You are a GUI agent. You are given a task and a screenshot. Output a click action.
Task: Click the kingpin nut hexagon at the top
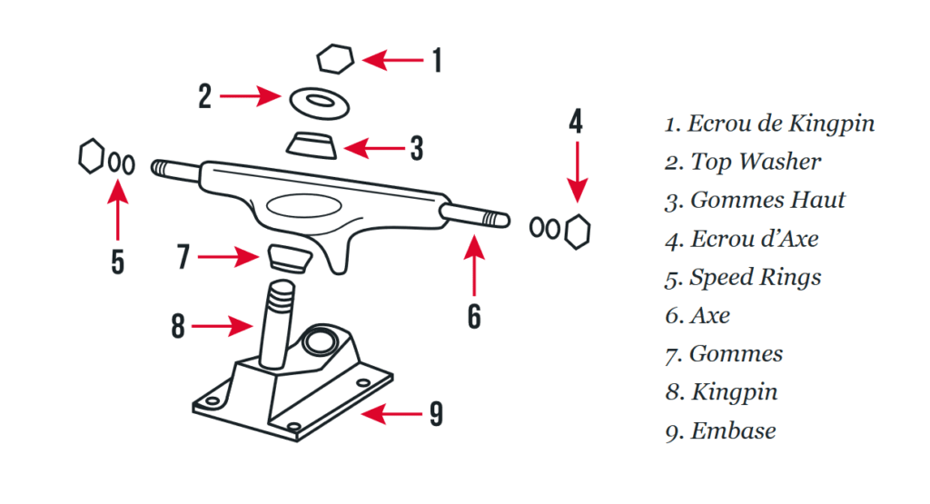coord(335,60)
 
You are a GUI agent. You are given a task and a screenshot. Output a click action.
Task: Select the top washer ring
coord(320,101)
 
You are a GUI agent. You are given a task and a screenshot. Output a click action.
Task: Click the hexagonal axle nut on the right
coord(576,231)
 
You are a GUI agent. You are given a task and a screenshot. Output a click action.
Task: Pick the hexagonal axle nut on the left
coord(91,156)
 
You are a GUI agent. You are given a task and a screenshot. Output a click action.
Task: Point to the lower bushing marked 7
coord(291,256)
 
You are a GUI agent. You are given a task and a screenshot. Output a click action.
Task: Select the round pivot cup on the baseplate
coord(321,342)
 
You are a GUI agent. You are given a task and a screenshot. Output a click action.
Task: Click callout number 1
coord(437,61)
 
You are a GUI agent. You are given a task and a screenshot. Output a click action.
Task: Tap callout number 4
coord(576,121)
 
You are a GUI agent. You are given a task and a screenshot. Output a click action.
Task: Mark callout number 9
coord(437,414)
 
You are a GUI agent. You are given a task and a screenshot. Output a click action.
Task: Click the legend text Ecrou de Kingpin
coord(769,124)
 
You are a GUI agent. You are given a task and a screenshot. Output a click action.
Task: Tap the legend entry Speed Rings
coord(742,277)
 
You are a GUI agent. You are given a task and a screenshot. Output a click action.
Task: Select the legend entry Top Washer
coord(742,162)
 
